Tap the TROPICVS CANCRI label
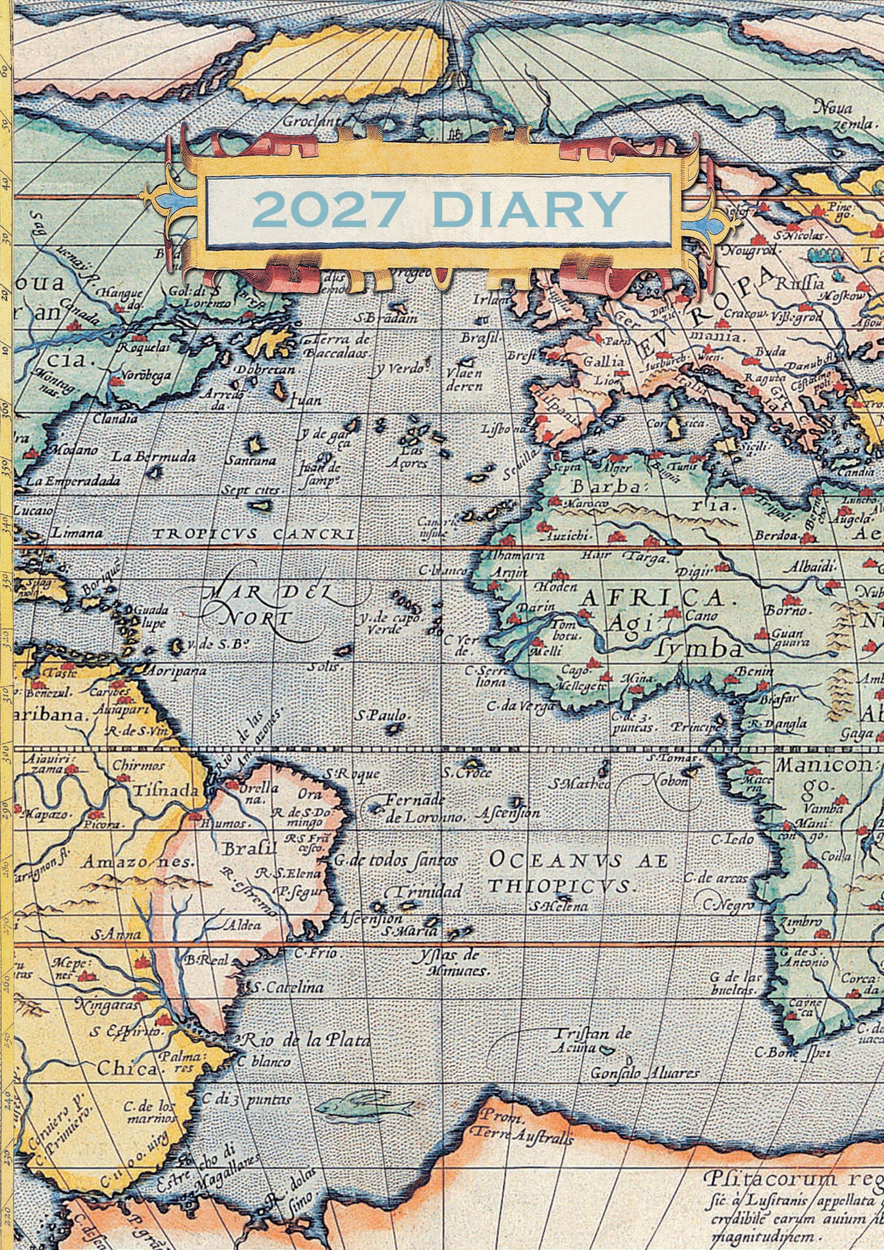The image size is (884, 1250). tap(253, 534)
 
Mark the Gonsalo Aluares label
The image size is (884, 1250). tap(646, 1073)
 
